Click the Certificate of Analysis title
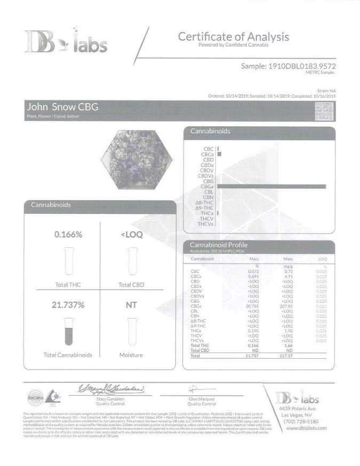pos(234,37)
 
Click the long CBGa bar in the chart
pos(271,186)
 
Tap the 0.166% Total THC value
pos(68,235)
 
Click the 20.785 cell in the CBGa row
pos(254,307)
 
